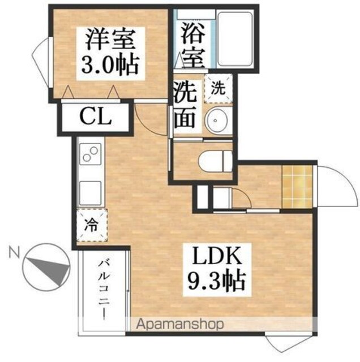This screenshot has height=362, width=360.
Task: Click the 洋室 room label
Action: click(110, 41)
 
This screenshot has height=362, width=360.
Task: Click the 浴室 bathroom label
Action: click(193, 45)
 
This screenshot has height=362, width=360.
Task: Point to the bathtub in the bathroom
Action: click(235, 39)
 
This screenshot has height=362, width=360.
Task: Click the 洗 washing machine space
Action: click(218, 88)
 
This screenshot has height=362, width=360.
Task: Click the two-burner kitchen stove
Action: click(91, 154)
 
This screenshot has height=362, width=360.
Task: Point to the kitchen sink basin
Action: click(91, 193)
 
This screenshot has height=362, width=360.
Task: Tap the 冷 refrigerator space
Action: click(92, 225)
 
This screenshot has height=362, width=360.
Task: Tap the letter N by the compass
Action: click(14, 252)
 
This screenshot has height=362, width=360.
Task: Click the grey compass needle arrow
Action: click(52, 270)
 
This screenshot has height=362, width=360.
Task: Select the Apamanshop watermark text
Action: click(180, 324)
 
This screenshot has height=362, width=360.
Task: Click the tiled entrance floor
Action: click(297, 186)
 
